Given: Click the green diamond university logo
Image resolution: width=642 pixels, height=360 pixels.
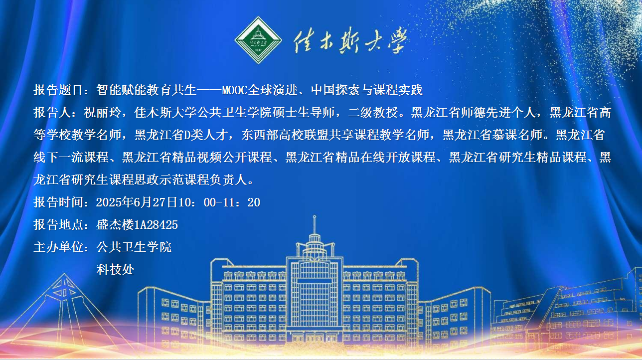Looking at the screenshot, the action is coord(258,40).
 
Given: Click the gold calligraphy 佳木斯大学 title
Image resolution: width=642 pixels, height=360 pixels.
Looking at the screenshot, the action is coord(350,40).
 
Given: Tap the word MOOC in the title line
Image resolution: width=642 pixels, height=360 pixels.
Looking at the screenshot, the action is coord(234,90).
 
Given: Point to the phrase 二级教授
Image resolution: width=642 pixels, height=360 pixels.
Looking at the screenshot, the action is coord(373,112).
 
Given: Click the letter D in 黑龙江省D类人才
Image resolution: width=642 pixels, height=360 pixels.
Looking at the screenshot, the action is coord(187,135).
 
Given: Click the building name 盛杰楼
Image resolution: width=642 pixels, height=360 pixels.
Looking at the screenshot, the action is coord(115,225).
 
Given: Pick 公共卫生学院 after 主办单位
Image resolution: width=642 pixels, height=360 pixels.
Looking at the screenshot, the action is coord(134,247).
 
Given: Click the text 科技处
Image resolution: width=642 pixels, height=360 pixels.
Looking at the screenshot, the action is coord(115,269).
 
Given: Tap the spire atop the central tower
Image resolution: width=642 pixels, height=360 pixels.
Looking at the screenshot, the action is coord(315,224).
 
